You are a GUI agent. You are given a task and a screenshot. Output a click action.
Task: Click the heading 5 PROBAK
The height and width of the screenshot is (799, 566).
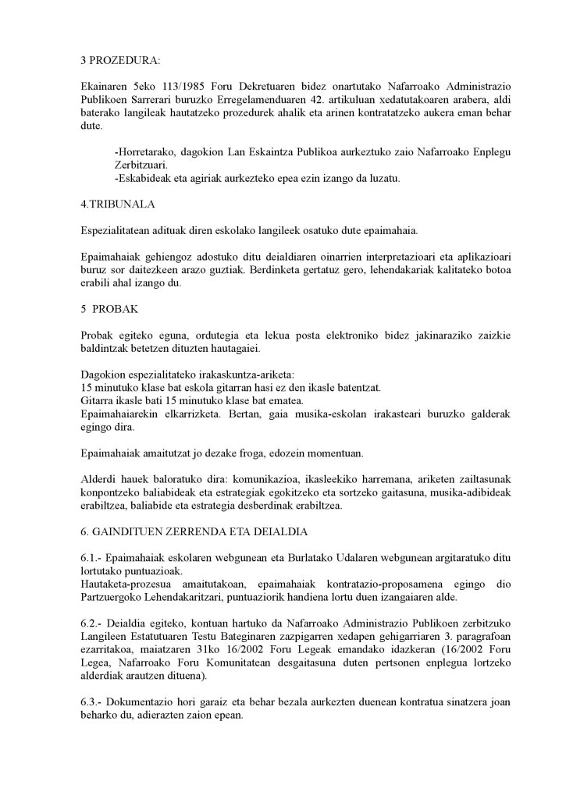click(109, 309)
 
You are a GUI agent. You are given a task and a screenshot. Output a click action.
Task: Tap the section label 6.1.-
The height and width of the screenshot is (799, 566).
click(94, 559)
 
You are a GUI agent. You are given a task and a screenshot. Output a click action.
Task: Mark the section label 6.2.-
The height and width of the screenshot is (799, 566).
click(94, 626)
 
